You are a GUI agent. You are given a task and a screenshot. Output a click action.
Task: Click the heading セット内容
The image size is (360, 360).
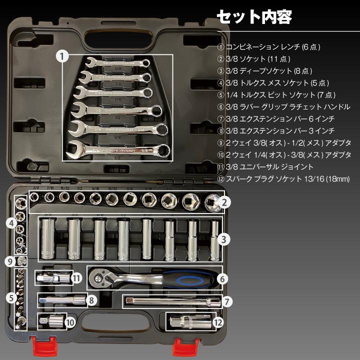pos(253,16)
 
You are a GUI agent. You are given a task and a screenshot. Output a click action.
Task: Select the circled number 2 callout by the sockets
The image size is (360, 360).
pos(225,202)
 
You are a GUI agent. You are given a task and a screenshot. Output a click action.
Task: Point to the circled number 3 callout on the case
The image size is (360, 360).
pos(225,239)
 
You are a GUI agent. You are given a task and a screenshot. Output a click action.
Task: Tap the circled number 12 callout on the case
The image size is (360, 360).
pos(217,322)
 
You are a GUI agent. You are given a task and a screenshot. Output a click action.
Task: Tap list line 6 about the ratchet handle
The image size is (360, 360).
pos(283,107)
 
